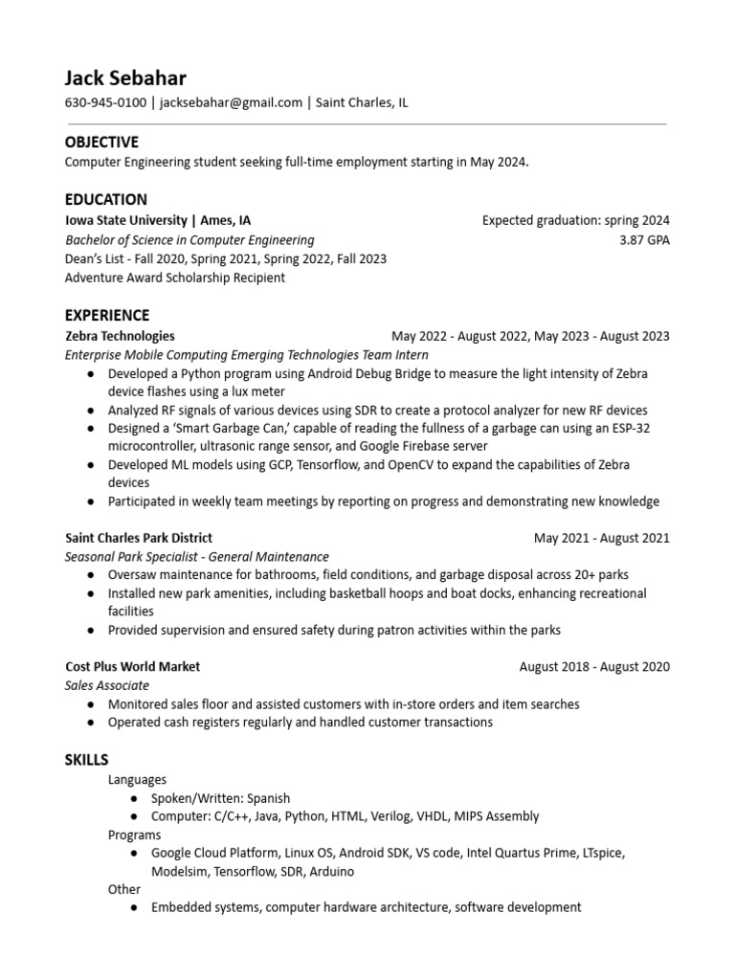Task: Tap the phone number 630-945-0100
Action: click(105, 102)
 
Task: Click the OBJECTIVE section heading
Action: click(101, 142)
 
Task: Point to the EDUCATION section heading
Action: click(105, 199)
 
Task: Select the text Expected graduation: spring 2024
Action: click(576, 220)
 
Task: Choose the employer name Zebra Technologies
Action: click(120, 336)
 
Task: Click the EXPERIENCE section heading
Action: click(107, 315)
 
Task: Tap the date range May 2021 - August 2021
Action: click(602, 538)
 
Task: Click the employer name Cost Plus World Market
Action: click(132, 666)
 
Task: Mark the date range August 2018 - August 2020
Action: click(594, 666)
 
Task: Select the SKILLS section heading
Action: click(86, 759)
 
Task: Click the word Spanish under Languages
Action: click(269, 798)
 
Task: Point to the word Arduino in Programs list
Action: click(331, 872)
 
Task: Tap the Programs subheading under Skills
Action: click(134, 835)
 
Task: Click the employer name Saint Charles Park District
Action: click(139, 538)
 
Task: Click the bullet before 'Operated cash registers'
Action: click(90, 723)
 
